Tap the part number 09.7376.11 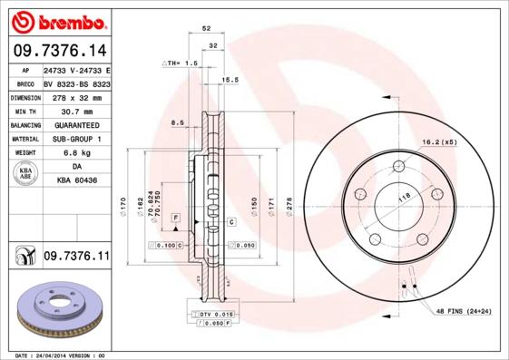[76, 258]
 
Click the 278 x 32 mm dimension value [75, 97]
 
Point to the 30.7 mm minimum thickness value [75, 111]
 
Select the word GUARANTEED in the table [75, 124]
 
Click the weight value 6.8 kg [75, 153]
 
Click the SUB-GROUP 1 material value [75, 139]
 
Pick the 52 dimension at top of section [207, 29]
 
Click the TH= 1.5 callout [180, 63]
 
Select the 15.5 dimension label [230, 80]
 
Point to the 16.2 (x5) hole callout [438, 142]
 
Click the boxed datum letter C [232, 221]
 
